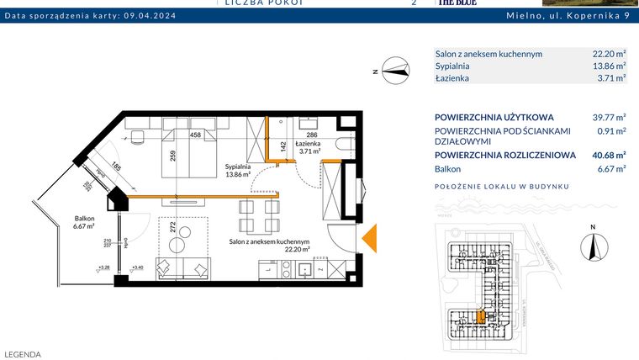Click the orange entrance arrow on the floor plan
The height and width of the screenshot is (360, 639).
click(368, 240)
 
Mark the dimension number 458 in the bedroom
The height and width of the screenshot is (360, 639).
click(194, 135)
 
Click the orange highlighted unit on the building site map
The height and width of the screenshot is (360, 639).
click(481, 317)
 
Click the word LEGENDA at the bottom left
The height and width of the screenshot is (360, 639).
click(23, 354)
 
